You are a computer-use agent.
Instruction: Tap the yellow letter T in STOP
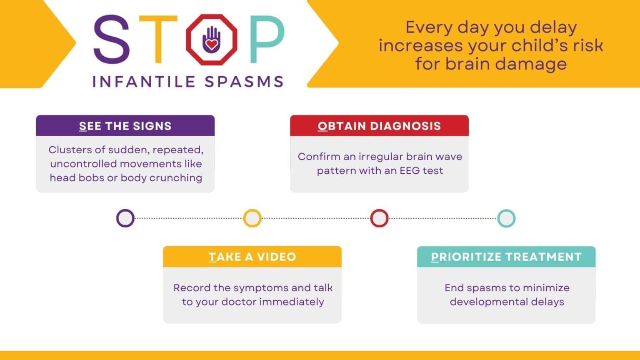coord(158,40)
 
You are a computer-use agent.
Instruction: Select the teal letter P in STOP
coord(267,40)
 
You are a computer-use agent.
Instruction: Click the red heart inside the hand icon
coord(212,44)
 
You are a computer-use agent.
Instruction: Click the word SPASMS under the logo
coord(244,82)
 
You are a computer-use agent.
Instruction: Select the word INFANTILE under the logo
coord(144,82)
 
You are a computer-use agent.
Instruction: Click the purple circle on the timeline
coord(125,218)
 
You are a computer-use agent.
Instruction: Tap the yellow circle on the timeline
coord(252,218)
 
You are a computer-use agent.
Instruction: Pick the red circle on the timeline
coord(379,218)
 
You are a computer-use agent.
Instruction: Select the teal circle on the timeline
coord(506,218)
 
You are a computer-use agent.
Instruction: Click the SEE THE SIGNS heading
coord(125,126)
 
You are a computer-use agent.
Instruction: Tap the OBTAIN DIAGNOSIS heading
coord(379,126)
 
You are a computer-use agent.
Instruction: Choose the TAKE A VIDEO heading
coord(252,257)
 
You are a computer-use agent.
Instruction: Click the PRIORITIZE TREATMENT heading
coord(506,257)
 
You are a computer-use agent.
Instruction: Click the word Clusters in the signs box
coord(68,150)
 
